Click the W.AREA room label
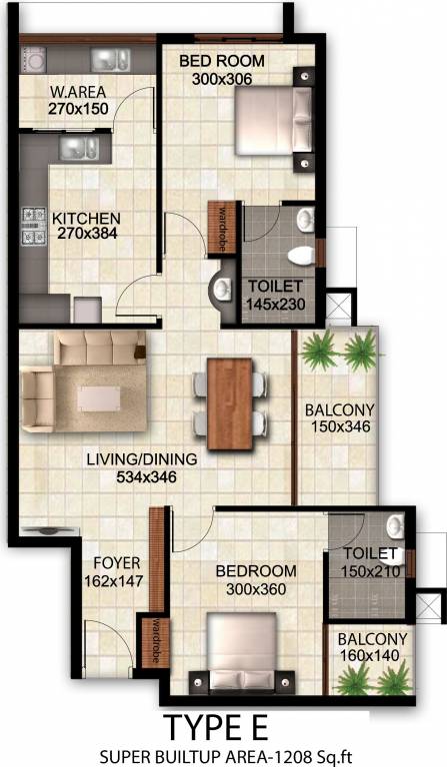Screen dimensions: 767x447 tap(78, 94)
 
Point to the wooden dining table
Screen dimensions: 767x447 tap(230, 402)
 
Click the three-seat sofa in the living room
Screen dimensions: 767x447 tap(99, 349)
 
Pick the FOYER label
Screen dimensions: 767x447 tap(117, 562)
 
